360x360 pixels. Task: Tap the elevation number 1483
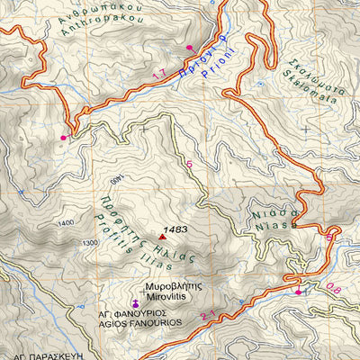point(177,230)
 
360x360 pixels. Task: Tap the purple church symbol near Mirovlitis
point(135,301)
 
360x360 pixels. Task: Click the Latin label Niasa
point(273,223)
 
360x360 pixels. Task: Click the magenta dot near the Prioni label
point(189,47)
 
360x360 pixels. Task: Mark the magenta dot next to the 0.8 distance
point(298,292)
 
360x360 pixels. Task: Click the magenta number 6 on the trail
point(189,164)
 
